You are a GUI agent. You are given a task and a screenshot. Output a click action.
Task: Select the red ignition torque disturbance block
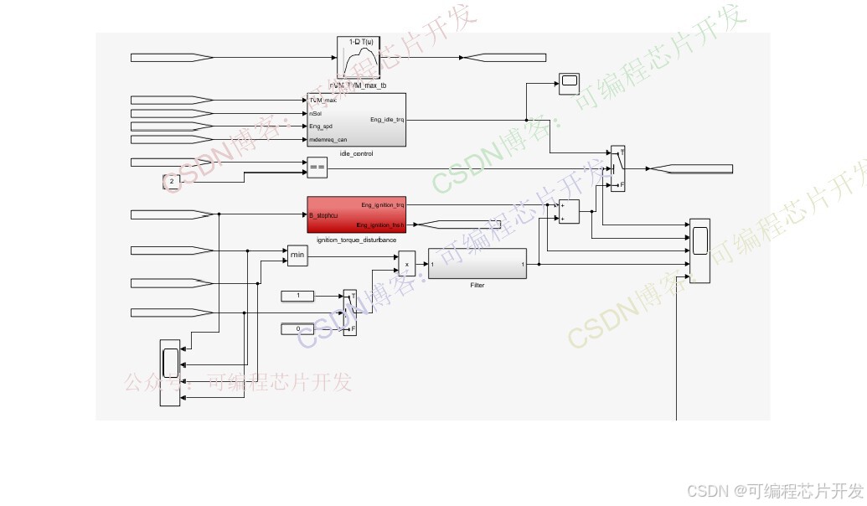(356, 214)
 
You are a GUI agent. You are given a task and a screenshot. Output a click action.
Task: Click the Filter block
(477, 264)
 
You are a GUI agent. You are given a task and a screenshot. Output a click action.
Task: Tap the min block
(297, 256)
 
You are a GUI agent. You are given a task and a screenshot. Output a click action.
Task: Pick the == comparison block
(317, 168)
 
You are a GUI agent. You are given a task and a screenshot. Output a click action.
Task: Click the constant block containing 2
(172, 181)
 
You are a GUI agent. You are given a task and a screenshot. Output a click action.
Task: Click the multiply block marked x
(406, 264)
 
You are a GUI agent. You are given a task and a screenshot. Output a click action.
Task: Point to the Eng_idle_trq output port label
(386, 120)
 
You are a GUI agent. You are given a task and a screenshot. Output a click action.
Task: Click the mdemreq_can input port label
(328, 140)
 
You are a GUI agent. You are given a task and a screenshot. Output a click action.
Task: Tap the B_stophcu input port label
(323, 215)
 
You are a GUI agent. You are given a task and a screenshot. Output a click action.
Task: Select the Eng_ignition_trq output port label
(382, 204)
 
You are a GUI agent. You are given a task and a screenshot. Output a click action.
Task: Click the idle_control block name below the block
(356, 154)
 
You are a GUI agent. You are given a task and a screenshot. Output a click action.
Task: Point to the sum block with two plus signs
(568, 212)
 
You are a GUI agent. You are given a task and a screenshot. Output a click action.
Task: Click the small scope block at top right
(570, 80)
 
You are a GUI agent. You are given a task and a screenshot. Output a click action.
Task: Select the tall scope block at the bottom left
(170, 373)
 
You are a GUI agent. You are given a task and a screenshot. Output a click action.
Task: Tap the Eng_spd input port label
(321, 126)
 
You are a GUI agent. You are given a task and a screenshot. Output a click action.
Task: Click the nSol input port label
(316, 113)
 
